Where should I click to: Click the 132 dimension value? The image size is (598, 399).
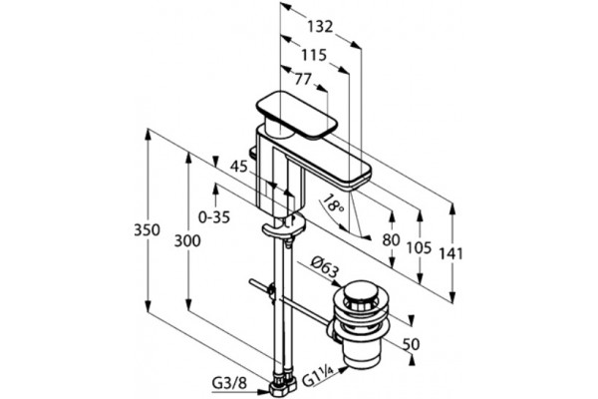point(320,27)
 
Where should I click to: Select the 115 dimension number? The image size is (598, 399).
point(314,55)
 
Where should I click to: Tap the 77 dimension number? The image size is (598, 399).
point(303,79)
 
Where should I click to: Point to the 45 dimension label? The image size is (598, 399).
point(239,167)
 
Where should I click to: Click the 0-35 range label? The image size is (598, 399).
point(214,217)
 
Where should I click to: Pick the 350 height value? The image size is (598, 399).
point(147,229)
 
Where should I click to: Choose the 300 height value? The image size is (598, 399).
point(187,241)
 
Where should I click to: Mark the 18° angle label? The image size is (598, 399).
point(333,203)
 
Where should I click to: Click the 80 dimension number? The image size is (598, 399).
point(391,240)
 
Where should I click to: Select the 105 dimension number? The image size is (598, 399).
point(419,247)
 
